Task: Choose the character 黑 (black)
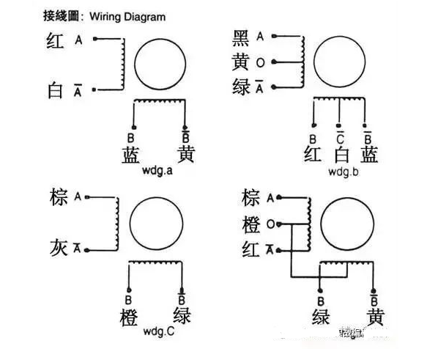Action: (241, 37)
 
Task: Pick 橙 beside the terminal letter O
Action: (252, 224)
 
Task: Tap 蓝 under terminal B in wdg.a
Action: (129, 154)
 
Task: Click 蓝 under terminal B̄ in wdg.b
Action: (370, 154)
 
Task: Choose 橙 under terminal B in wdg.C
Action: (129, 317)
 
